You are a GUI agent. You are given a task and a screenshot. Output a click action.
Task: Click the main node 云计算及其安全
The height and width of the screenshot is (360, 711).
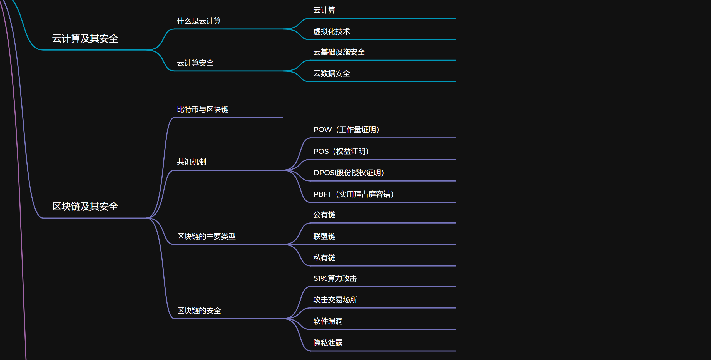pos(85,39)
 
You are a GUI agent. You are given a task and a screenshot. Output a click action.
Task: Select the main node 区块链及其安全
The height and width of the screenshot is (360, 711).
pos(85,207)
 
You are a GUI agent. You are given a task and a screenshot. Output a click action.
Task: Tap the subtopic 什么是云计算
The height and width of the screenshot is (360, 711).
pos(199,21)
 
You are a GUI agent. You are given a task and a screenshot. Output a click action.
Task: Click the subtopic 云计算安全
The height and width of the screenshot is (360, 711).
pos(195,63)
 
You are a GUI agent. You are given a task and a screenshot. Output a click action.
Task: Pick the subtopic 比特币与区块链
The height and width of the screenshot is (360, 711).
pos(202,109)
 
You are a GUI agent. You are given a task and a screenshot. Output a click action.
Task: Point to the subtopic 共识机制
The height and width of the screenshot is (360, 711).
pos(191,162)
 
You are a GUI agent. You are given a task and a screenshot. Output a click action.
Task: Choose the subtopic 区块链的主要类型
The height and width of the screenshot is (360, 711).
pos(206,236)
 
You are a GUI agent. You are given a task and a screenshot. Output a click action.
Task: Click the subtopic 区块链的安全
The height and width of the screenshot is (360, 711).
pos(199,311)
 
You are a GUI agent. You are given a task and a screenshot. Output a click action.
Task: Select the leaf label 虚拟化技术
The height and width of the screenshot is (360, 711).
pos(331,31)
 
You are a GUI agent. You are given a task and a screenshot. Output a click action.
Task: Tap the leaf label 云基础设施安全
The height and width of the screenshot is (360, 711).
pos(339,52)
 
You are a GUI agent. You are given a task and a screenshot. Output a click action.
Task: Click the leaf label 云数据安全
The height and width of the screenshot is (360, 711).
pos(331,73)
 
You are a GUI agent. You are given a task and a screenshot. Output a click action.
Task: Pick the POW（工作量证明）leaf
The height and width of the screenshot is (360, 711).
pos(346,130)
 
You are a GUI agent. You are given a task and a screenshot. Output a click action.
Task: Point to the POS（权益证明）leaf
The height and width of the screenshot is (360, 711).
pos(341,151)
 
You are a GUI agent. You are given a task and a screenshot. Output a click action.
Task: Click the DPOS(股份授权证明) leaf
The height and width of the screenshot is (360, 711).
pos(349,173)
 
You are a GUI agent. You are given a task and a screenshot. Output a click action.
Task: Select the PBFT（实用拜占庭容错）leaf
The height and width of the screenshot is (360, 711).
pos(354,194)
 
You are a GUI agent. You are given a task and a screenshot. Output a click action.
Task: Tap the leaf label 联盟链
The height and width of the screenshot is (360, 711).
pos(324,236)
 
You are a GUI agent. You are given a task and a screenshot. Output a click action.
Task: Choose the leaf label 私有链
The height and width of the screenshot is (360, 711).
pos(324,258)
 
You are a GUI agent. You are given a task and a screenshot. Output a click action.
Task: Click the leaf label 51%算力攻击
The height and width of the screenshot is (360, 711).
pos(335,278)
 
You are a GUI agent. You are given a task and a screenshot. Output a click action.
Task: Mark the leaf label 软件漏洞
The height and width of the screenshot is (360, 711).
pos(328,321)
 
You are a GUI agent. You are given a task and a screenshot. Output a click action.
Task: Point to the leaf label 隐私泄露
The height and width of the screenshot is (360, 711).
pos(328,343)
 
